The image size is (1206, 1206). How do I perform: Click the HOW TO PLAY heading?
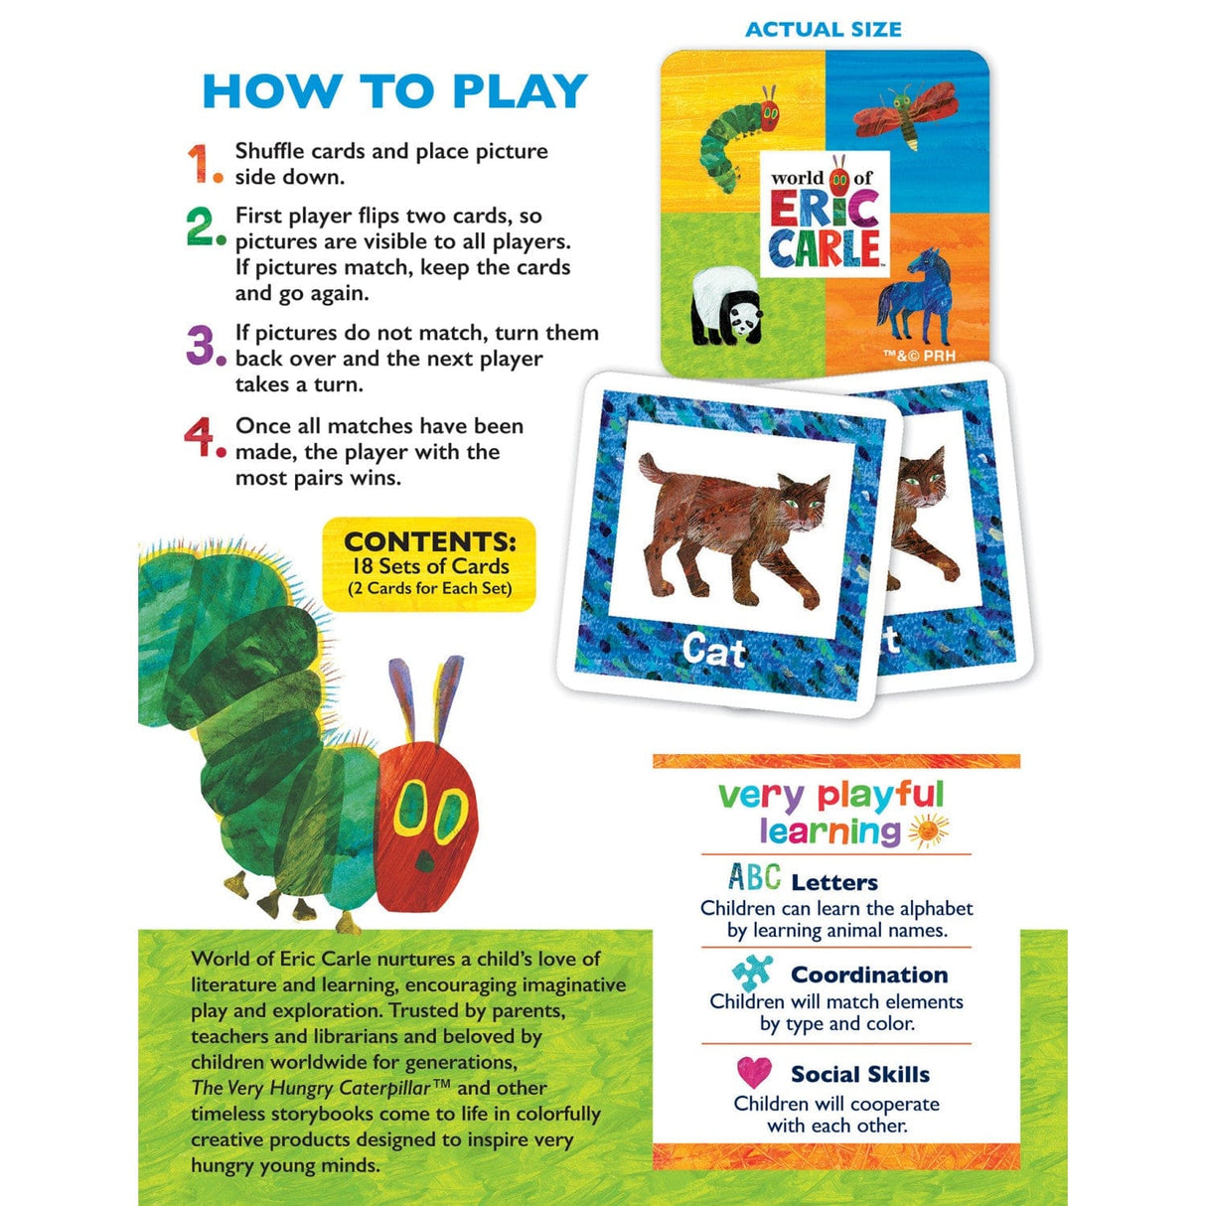tap(395, 91)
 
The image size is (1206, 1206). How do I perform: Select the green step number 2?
tap(203, 226)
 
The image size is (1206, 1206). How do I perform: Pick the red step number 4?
tap(202, 437)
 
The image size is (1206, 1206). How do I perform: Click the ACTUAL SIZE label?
tap(823, 30)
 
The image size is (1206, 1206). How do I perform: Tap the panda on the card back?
tap(726, 306)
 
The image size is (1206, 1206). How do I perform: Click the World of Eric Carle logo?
tap(825, 214)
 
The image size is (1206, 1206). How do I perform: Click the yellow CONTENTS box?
tap(429, 564)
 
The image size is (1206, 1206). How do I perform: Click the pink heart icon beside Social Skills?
tap(754, 1073)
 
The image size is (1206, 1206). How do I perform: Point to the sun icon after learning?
tap(928, 830)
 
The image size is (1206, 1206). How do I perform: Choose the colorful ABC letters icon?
tap(754, 877)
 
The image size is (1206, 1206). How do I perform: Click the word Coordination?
tap(869, 975)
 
